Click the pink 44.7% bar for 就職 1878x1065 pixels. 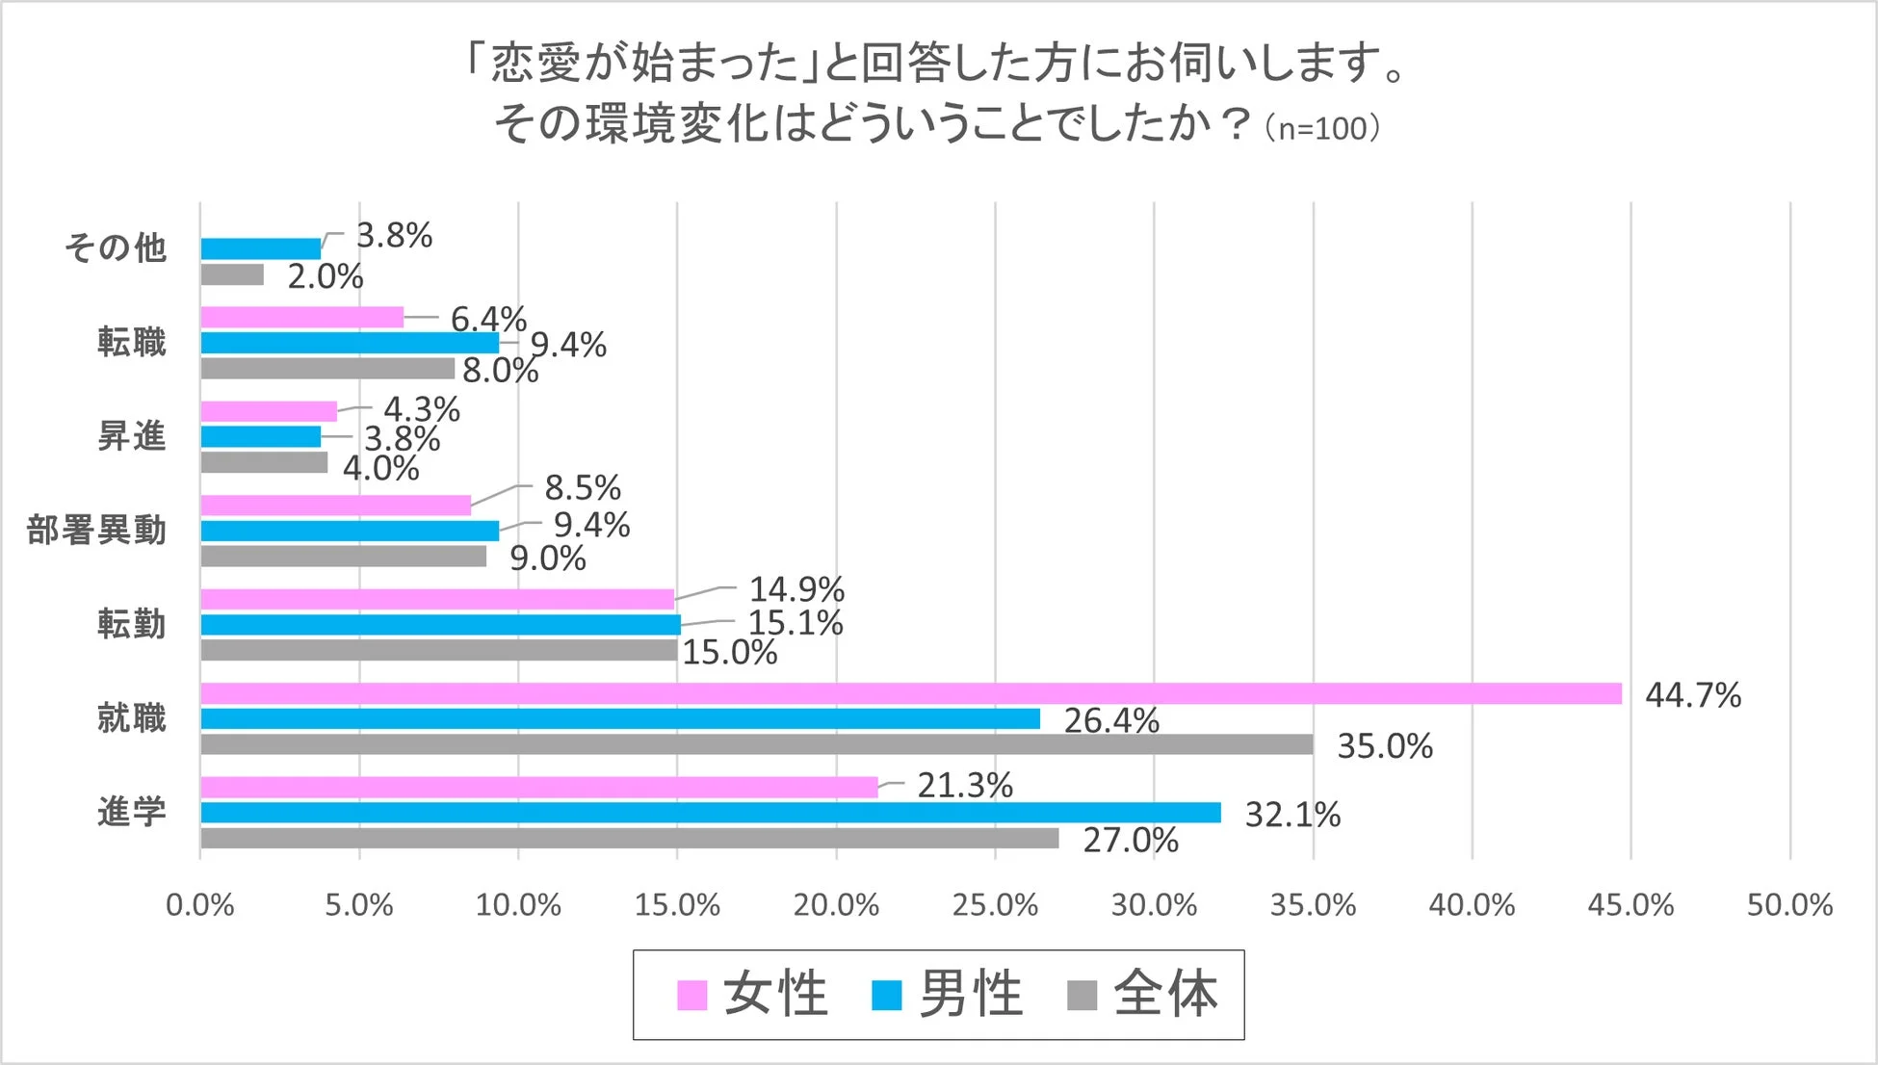tap(910, 693)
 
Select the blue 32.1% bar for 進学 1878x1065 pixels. tap(710, 813)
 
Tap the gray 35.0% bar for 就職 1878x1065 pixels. tap(756, 744)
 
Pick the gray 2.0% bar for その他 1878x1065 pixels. tap(232, 275)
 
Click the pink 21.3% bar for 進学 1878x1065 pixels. tap(539, 787)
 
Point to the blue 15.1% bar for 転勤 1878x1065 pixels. tap(440, 624)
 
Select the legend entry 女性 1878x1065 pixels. tap(752, 995)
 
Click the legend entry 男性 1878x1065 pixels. tap(948, 995)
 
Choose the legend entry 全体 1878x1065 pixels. tap(1143, 995)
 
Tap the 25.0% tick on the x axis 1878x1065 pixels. tap(995, 905)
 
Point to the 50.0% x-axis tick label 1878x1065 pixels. tap(1789, 905)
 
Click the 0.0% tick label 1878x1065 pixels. tap(200, 905)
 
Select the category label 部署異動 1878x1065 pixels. tap(96, 531)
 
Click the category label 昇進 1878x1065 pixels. tap(132, 436)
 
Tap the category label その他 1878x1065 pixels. tap(116, 248)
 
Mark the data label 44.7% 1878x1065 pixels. tap(1693, 694)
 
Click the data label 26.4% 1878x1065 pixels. tap(1111, 720)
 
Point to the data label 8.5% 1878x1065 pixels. tap(583, 487)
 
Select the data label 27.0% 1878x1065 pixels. tap(1131, 840)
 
